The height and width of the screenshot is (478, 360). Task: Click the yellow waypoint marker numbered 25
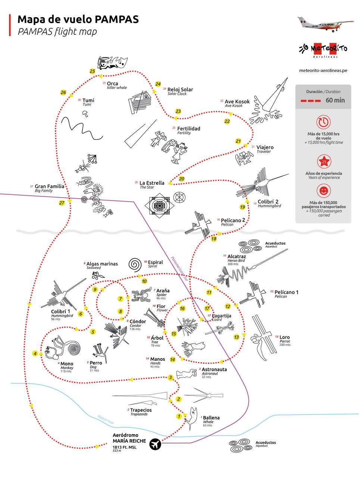coord(93,71)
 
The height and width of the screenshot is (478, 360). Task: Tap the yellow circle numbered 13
coord(236,337)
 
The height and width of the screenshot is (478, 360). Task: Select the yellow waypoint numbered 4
coord(35,353)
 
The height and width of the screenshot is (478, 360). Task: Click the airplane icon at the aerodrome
coord(155,444)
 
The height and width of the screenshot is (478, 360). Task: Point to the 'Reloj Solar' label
coord(180,90)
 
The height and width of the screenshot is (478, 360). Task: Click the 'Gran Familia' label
coord(49,186)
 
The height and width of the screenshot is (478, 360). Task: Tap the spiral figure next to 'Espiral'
coord(135,264)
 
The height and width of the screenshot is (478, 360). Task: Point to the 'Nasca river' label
coord(106,419)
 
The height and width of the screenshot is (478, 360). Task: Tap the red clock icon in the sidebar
coord(323,122)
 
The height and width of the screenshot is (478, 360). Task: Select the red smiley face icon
coord(323,191)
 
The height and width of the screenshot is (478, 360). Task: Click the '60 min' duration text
coord(335,100)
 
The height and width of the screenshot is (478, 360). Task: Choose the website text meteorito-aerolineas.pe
coord(323,70)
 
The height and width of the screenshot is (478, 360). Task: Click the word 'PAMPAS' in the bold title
coord(116,19)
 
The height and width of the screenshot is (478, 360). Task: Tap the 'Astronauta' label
coord(214,369)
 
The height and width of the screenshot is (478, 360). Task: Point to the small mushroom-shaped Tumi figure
coord(86,113)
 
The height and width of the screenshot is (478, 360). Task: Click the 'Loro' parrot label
coord(284,337)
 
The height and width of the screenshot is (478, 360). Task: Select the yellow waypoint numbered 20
coord(181,179)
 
